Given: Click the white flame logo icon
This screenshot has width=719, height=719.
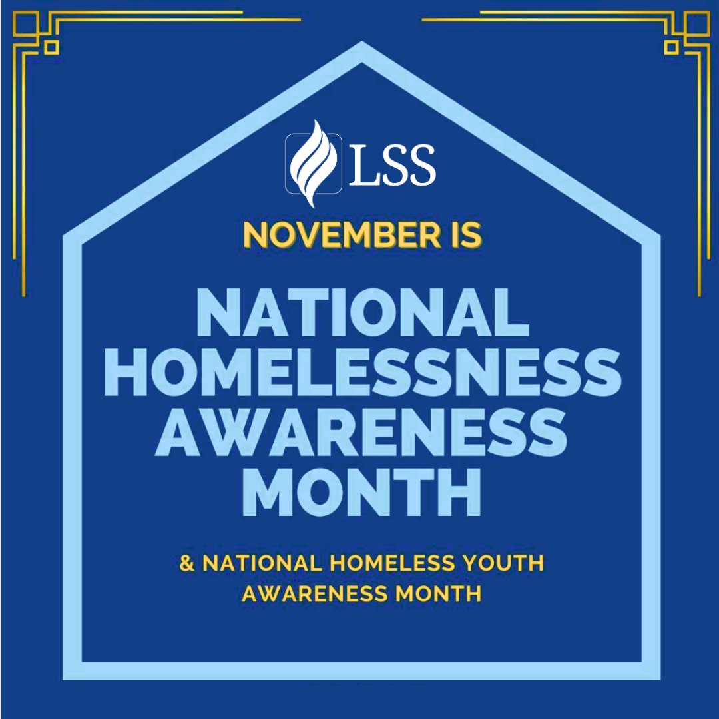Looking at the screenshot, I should click(314, 164).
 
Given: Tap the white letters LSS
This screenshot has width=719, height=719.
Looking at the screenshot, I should click(392, 164).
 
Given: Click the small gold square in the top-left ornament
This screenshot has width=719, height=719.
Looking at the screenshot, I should click(51, 47).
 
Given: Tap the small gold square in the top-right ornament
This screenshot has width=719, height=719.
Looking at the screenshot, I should click(672, 47).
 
